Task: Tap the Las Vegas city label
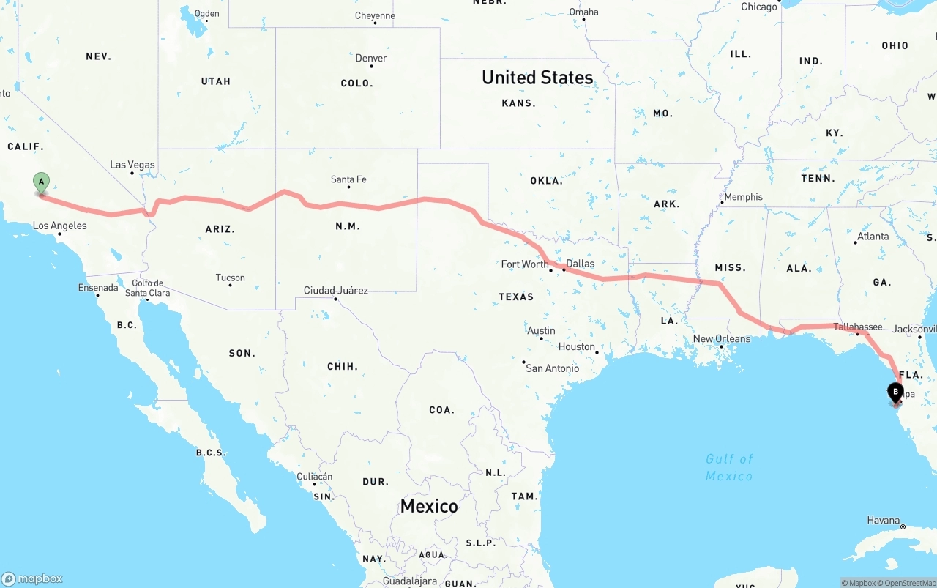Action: click(132, 165)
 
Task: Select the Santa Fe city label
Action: click(348, 179)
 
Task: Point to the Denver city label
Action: click(371, 59)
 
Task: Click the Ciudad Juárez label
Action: click(336, 291)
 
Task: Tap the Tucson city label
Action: click(231, 278)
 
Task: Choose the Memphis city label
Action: click(743, 197)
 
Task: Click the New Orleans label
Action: click(722, 339)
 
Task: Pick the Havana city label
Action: click(883, 520)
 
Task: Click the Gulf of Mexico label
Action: click(729, 467)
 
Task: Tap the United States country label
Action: click(537, 78)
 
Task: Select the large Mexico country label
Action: click(429, 506)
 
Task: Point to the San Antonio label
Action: click(552, 368)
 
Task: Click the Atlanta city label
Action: click(873, 237)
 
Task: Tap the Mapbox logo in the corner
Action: click(32, 578)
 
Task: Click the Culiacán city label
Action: click(315, 477)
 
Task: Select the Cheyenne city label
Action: click(375, 16)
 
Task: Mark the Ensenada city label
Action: click(98, 288)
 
